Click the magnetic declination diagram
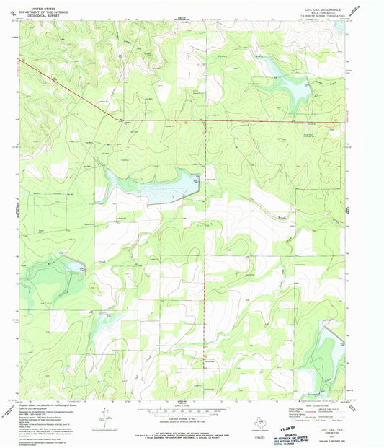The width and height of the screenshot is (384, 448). (x=104, y=415)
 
